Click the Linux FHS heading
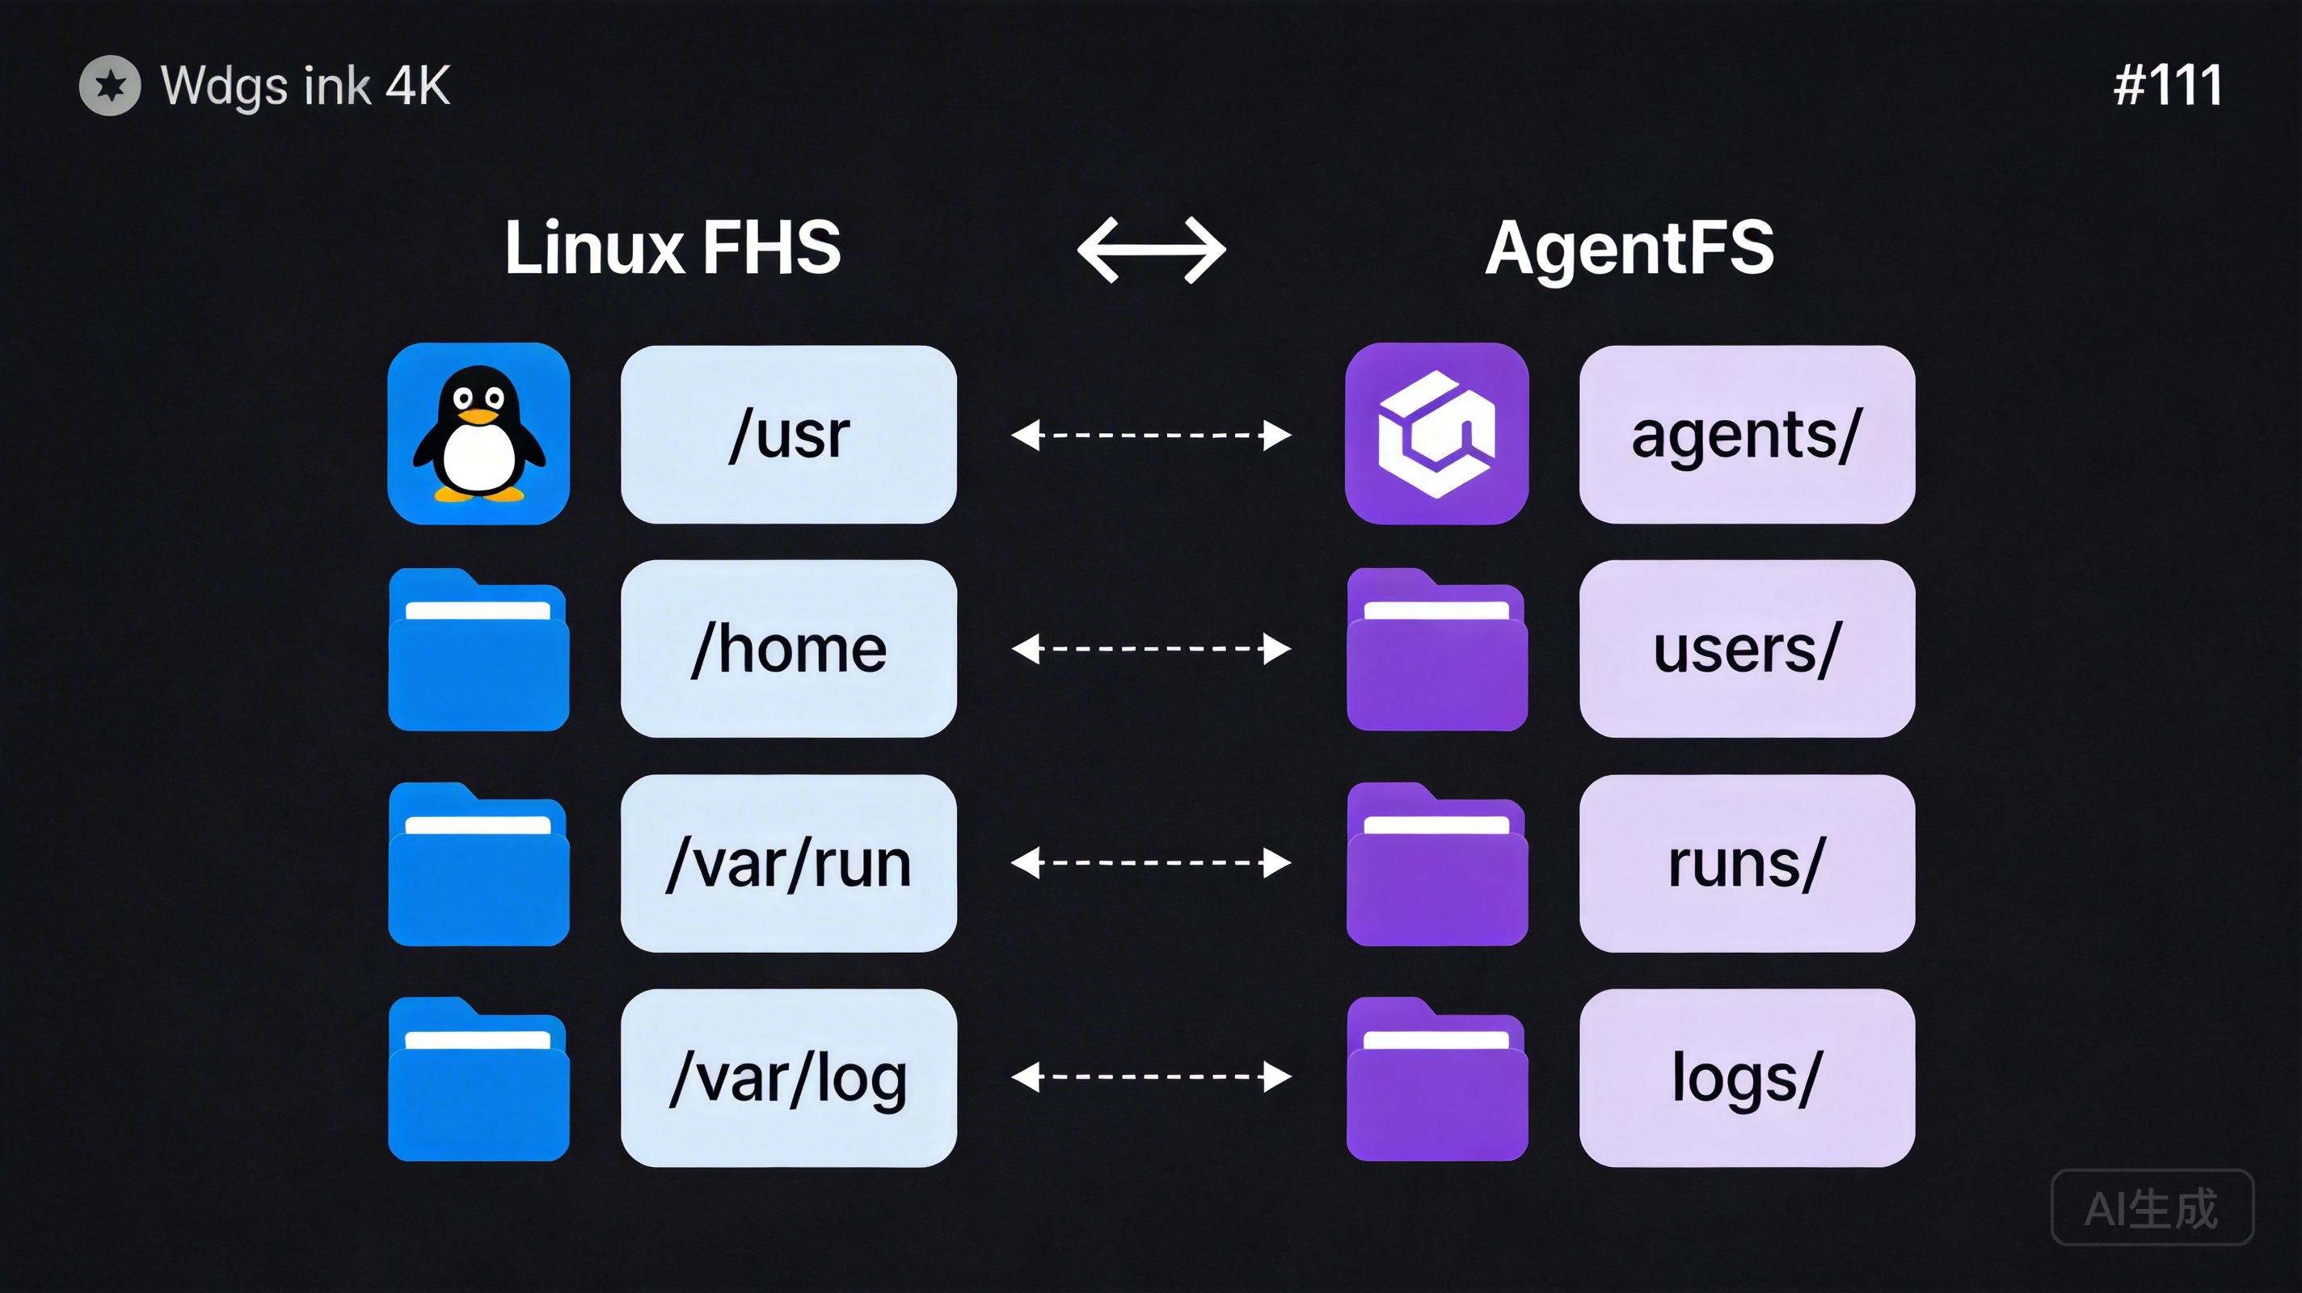672,247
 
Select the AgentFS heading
1628,247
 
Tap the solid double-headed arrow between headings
1151,251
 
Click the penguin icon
478,433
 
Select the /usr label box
788,434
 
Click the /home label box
788,649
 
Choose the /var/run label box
788,863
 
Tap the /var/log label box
788,1078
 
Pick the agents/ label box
1746,434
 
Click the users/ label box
1746,649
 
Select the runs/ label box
1746,863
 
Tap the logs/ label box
1746,1078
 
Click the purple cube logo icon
1436,433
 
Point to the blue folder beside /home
478,651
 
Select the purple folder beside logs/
1436,1080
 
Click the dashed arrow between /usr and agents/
1151,435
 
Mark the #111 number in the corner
2167,86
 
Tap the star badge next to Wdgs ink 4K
110,86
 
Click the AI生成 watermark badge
2151,1207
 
